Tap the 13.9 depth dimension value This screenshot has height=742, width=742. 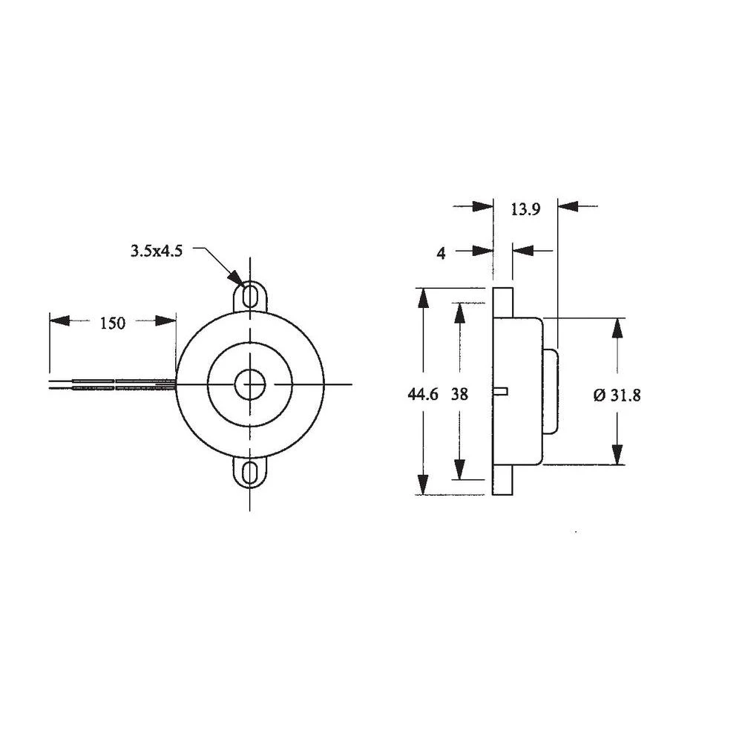tap(525, 209)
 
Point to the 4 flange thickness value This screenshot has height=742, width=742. tap(441, 253)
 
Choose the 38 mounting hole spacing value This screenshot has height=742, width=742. tap(459, 395)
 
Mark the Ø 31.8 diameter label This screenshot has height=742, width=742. tap(617, 395)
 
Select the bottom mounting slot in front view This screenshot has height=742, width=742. tap(251, 473)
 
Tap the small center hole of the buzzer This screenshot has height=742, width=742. tap(251, 384)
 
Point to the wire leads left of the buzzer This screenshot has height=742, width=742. tap(111, 384)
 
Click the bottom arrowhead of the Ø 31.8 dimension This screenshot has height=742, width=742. tap(617, 454)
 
